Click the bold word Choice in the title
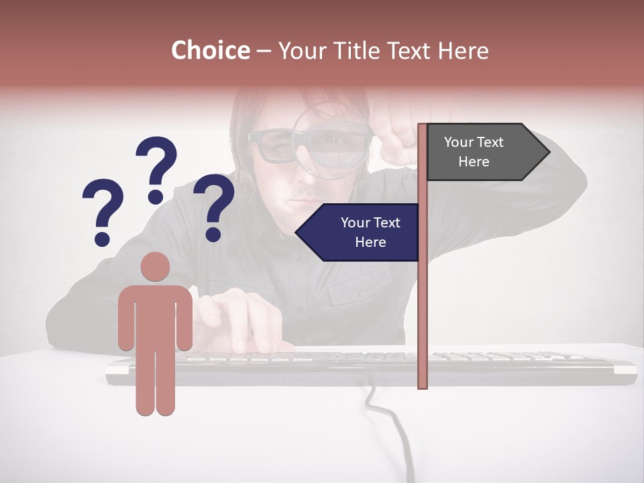pyautogui.click(x=210, y=51)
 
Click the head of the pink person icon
pyautogui.click(x=155, y=266)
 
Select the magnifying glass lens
pyautogui.click(x=332, y=142)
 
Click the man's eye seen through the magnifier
pyautogui.click(x=333, y=140)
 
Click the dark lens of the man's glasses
pyautogui.click(x=275, y=147)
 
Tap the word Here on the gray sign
pyautogui.click(x=474, y=162)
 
